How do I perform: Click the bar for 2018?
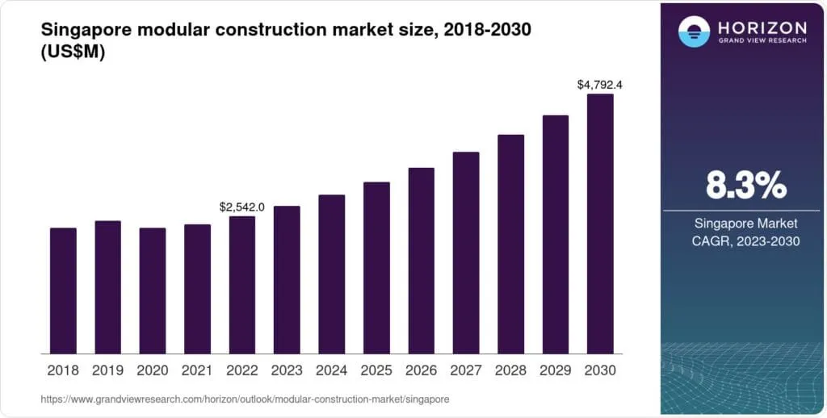pos(63,291)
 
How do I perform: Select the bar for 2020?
pos(153,291)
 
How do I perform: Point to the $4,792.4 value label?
pos(600,84)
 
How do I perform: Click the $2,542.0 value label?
pos(242,207)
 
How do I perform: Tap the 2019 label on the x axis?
pos(107,370)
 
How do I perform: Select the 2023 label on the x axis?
pos(287,370)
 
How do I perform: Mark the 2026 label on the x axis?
pos(421,370)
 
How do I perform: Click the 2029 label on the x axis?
pos(556,370)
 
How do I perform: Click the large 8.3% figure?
pos(745,186)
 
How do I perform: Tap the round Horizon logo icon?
pos(694,31)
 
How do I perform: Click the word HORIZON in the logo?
pos(761,27)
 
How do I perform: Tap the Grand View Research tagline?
pos(761,40)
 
